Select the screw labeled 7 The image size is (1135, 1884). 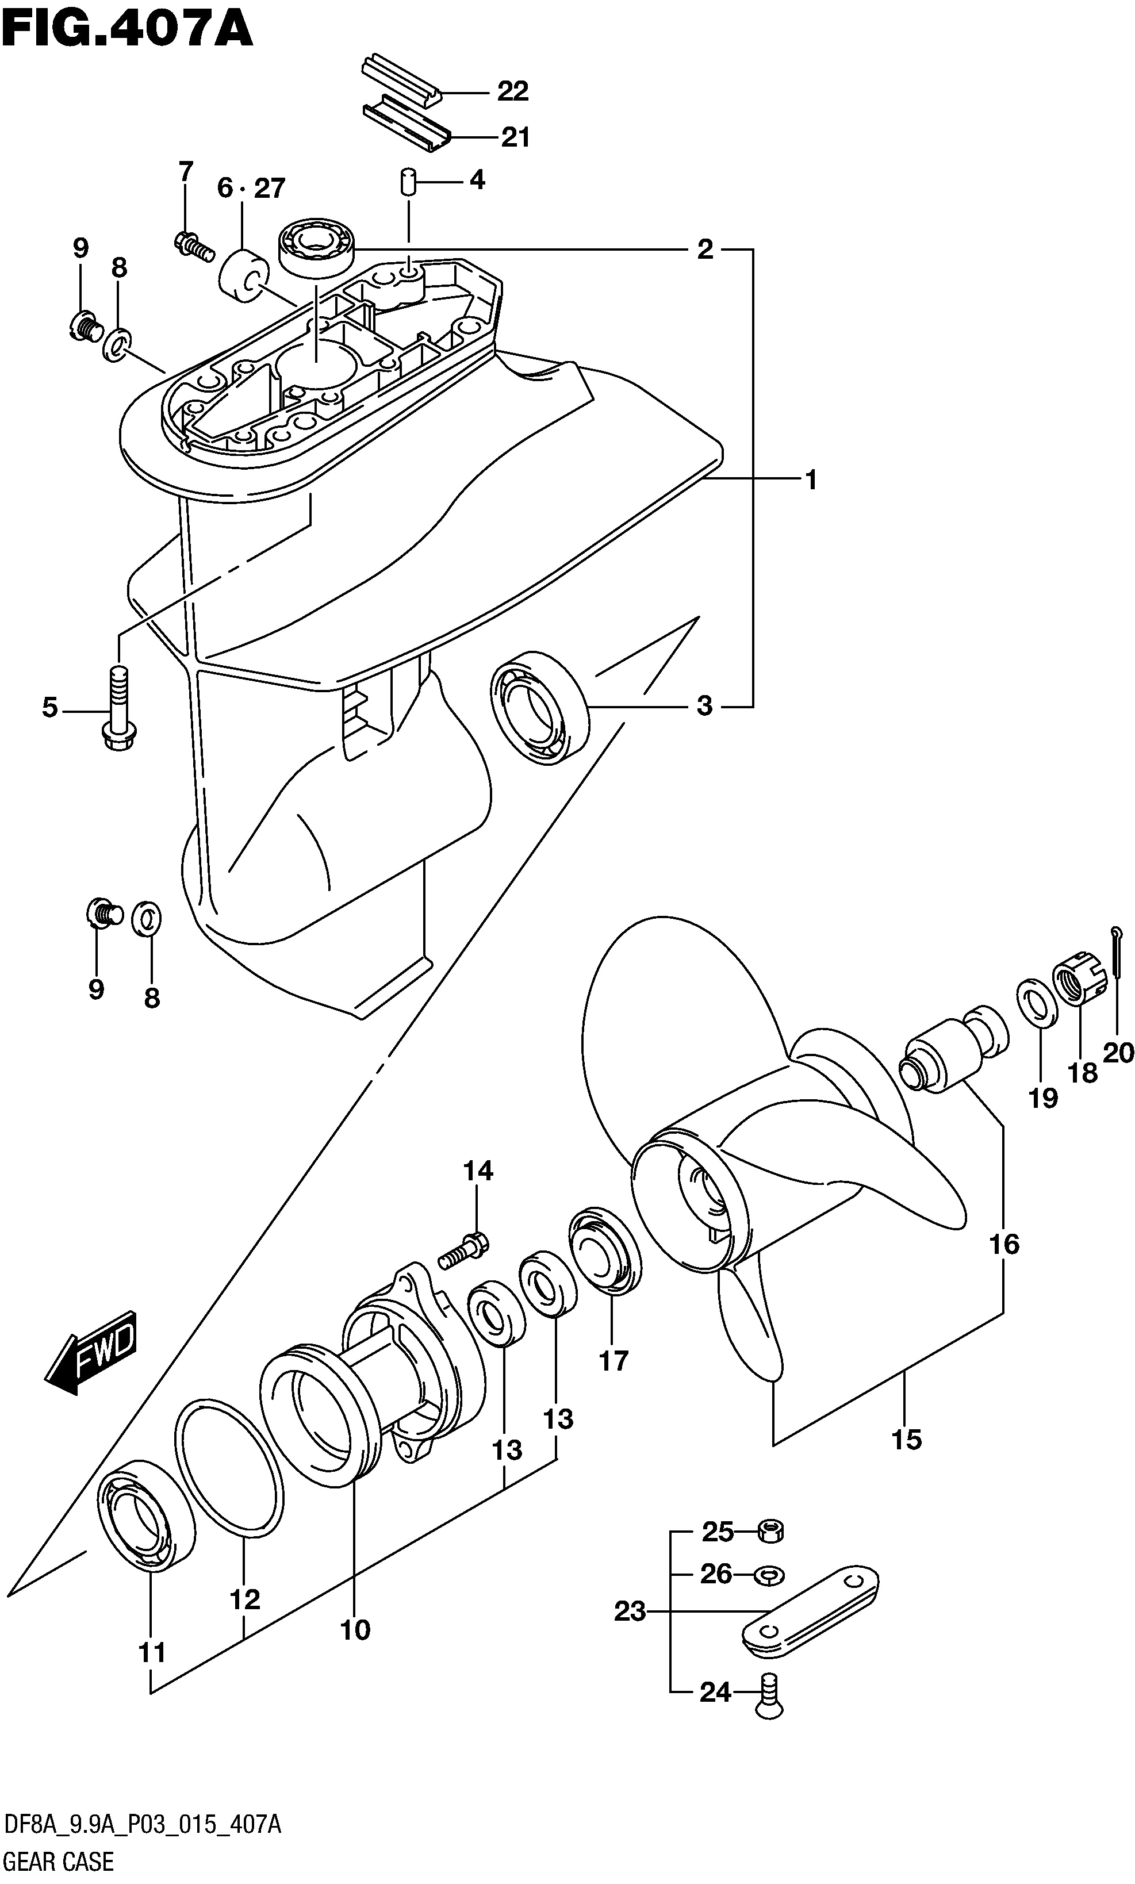point(194,247)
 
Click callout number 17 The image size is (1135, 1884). point(613,1360)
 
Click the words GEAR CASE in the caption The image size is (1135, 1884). point(58,1860)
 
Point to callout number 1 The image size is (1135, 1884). point(811,480)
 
